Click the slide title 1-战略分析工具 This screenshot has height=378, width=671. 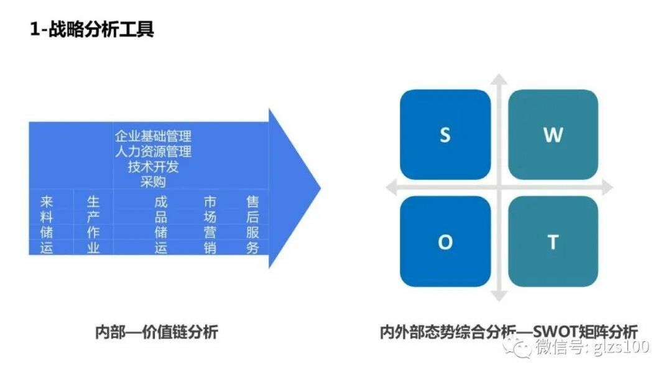click(x=91, y=29)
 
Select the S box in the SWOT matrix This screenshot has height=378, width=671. click(x=445, y=135)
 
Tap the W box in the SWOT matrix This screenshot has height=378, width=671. click(x=553, y=135)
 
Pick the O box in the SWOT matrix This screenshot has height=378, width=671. click(x=445, y=242)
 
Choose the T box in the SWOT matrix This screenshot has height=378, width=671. click(x=553, y=242)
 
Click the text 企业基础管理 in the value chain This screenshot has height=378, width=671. click(x=153, y=136)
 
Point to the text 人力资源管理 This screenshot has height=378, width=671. click(x=153, y=151)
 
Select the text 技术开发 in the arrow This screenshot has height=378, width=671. click(x=153, y=167)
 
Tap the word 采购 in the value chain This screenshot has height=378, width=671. click(x=153, y=182)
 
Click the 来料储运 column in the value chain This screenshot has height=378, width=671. click(x=47, y=224)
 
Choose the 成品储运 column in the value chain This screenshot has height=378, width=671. click(x=161, y=224)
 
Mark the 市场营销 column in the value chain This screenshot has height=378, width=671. click(x=210, y=224)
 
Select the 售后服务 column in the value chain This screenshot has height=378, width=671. click(x=252, y=224)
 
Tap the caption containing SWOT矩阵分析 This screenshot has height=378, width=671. click(x=509, y=331)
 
